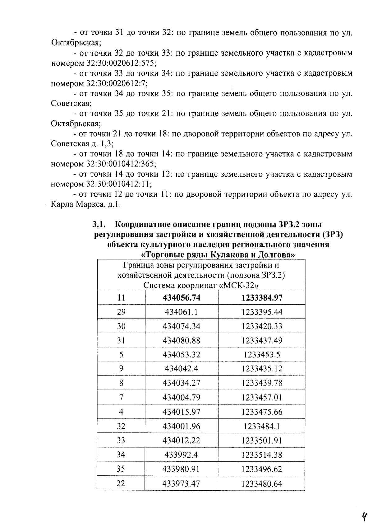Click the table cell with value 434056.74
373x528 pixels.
[x=182, y=298]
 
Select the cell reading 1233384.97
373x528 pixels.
[x=262, y=298]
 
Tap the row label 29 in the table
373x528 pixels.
[x=121, y=312]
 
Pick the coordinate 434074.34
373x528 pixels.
[x=182, y=326]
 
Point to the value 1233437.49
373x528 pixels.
[x=262, y=340]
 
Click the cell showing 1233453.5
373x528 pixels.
[x=262, y=355]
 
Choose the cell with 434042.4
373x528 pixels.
[x=182, y=369]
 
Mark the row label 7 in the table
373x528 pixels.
[x=121, y=397]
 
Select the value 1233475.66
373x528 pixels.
[x=262, y=412]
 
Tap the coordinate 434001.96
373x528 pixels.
[x=182, y=426]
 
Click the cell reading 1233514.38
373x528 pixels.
[x=262, y=455]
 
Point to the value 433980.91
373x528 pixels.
[x=182, y=469]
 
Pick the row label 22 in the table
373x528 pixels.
[x=121, y=483]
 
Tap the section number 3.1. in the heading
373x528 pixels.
[x=100, y=224]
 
